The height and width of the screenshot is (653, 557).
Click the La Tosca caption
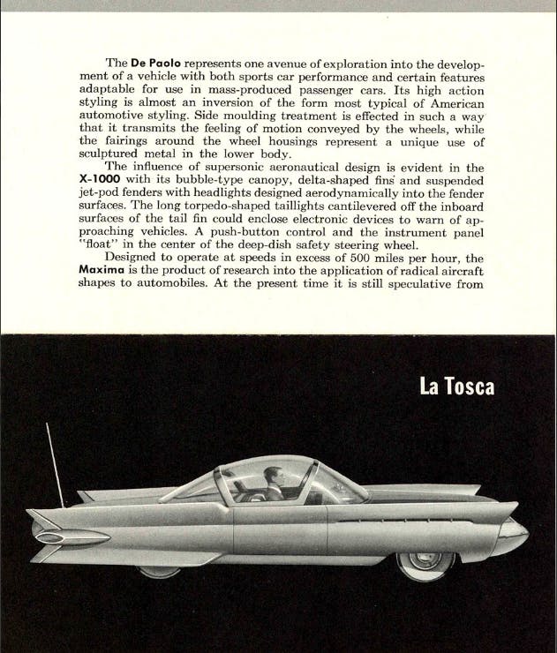tap(456, 387)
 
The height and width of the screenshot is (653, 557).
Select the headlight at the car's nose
tap(513, 530)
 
